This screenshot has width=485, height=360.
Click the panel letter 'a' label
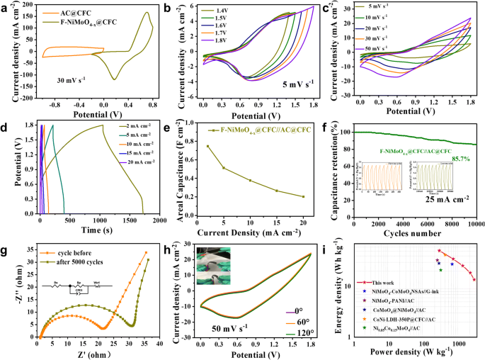click(x=5, y=7)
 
